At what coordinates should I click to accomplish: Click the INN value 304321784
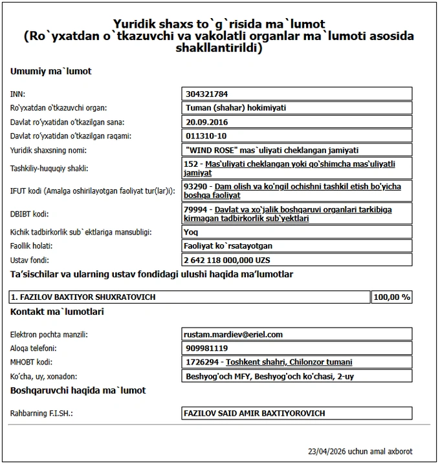tap(207, 94)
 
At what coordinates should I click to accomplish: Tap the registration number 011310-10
tap(206, 136)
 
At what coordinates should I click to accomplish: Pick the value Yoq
tap(192, 232)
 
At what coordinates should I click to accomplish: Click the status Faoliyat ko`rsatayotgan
tap(228, 246)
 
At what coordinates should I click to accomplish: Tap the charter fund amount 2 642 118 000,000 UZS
tap(227, 260)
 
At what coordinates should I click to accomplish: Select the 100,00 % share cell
tap(392, 297)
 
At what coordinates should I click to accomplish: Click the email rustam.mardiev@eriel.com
tap(234, 335)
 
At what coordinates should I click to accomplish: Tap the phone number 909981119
tap(206, 348)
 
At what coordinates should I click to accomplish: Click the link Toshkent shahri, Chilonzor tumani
tap(289, 363)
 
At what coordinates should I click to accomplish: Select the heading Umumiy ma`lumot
tap(51, 71)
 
